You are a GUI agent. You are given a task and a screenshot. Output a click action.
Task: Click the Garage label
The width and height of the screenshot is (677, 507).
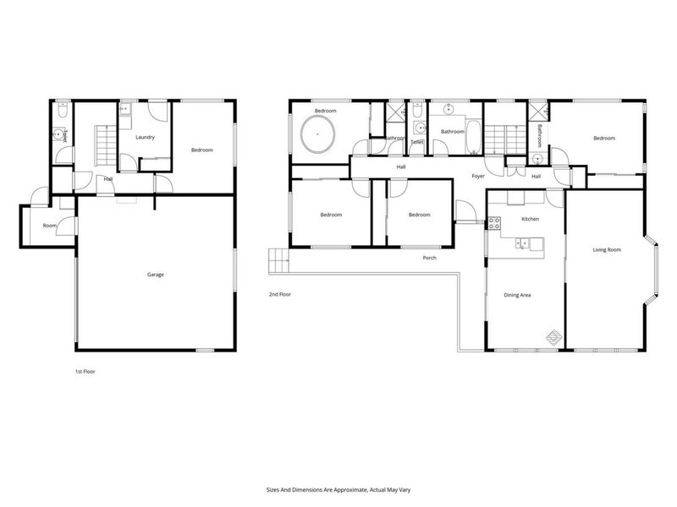click(x=155, y=275)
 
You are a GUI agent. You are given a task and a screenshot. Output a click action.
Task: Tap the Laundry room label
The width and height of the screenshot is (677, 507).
click(x=145, y=137)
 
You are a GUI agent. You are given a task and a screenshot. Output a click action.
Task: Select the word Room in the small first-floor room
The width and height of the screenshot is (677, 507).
click(x=50, y=226)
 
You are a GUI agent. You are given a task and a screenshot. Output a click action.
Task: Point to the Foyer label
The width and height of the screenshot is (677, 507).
click(x=478, y=176)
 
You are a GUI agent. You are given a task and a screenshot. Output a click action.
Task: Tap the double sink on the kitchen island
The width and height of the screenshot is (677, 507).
click(x=524, y=243)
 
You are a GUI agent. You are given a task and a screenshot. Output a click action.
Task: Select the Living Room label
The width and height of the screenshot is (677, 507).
click(x=607, y=250)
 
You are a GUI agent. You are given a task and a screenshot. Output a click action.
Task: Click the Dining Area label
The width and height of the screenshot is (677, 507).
click(x=516, y=295)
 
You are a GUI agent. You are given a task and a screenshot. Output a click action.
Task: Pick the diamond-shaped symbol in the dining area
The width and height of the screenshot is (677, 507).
click(x=552, y=336)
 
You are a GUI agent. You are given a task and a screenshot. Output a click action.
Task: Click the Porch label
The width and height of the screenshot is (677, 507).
click(x=430, y=258)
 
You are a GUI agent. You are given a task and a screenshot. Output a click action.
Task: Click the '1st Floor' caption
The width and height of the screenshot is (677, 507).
click(x=85, y=371)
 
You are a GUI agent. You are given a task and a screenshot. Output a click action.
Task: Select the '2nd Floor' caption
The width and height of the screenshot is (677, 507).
click(x=280, y=294)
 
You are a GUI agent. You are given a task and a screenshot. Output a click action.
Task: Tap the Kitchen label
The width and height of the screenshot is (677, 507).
click(x=530, y=219)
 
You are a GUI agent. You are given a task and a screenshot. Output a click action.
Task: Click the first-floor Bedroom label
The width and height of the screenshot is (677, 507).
click(x=201, y=150)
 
